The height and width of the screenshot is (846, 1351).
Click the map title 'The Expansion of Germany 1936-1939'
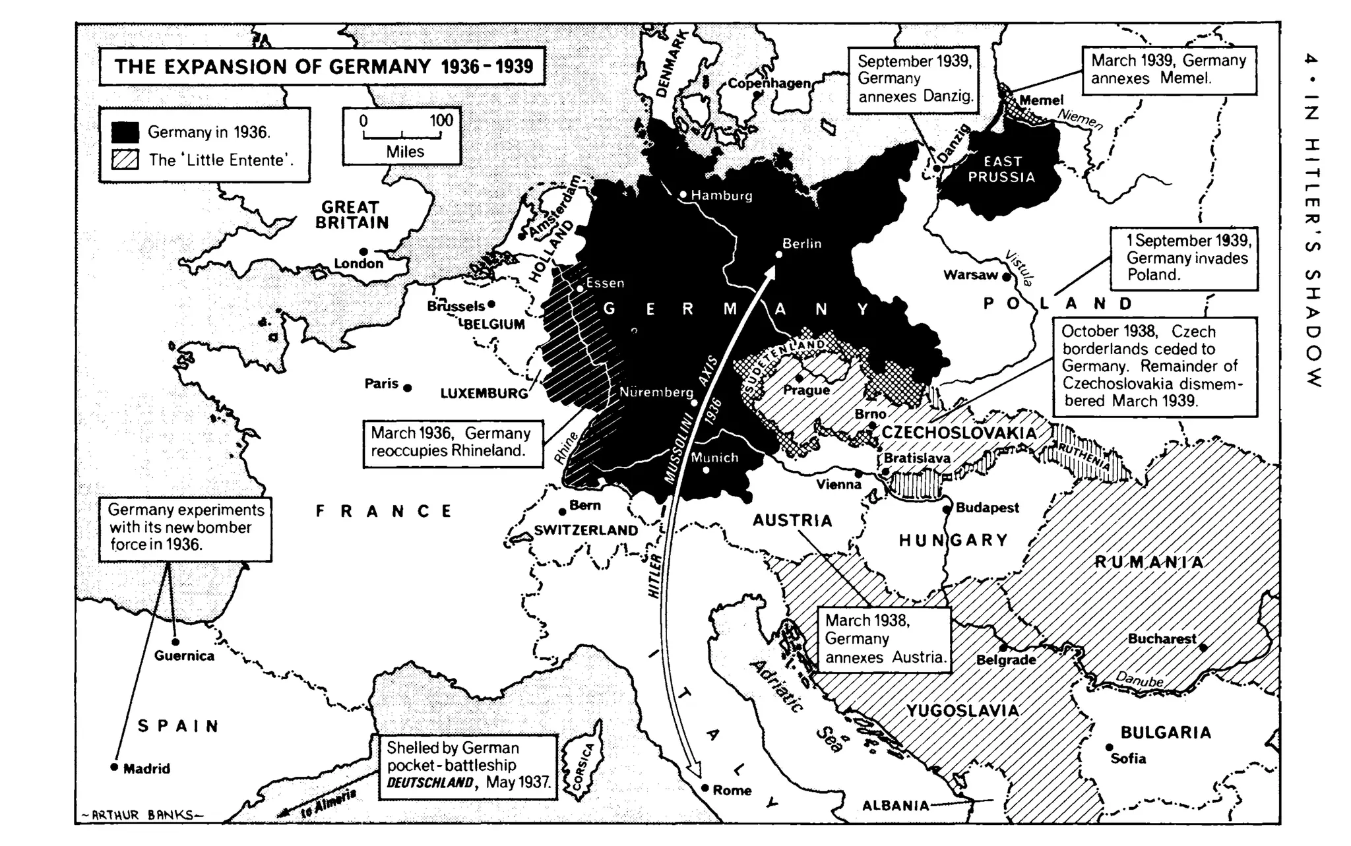click(323, 67)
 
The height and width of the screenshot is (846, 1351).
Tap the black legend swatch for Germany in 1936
click(125, 132)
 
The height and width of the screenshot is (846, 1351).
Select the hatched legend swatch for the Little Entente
click(125, 160)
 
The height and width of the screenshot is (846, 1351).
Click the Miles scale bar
click(402, 136)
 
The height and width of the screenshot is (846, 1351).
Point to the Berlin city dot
click(778, 254)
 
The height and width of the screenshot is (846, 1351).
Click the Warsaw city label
click(970, 275)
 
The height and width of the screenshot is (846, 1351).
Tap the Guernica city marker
click(175, 642)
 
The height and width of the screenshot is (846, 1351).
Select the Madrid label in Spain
click(146, 769)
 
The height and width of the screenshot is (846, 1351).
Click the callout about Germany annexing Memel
click(1168, 70)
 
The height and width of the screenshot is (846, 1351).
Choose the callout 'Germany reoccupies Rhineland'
click(452, 442)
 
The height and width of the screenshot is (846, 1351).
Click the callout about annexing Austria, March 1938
click(885, 639)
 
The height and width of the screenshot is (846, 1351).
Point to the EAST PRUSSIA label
click(1001, 169)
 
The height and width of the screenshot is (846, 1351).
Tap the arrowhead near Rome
click(692, 771)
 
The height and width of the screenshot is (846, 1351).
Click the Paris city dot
click(408, 388)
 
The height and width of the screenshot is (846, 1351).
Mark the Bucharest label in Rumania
click(1161, 638)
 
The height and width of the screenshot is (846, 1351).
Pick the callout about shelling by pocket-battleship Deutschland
click(467, 766)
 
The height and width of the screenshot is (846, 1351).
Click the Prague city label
click(806, 390)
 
